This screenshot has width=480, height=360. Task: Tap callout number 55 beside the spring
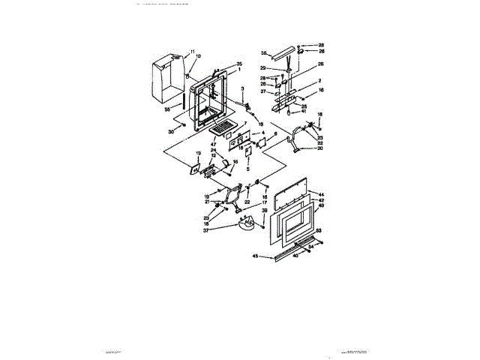tap(167, 109)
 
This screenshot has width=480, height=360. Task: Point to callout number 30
tap(172, 132)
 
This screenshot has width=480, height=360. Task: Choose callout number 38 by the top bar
tap(263, 53)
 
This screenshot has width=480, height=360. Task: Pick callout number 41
tap(304, 112)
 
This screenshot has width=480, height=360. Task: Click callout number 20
tap(319, 148)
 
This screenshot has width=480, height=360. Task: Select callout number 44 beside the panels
tap(321, 193)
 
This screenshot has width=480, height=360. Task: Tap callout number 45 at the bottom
tap(255, 256)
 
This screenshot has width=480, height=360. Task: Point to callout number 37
tap(226, 231)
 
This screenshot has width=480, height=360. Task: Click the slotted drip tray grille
tap(222, 131)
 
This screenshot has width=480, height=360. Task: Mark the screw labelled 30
tap(183, 127)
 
